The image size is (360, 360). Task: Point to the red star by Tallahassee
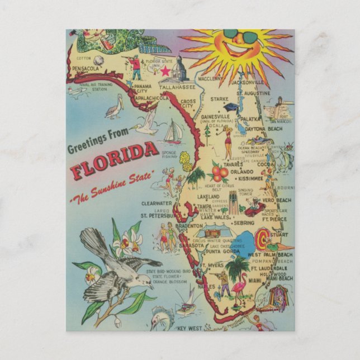(165, 72)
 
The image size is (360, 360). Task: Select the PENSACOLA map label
(86, 68)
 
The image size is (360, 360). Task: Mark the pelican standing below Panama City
(114, 107)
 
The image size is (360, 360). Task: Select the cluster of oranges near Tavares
(219, 173)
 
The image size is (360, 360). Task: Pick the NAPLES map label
(207, 286)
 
